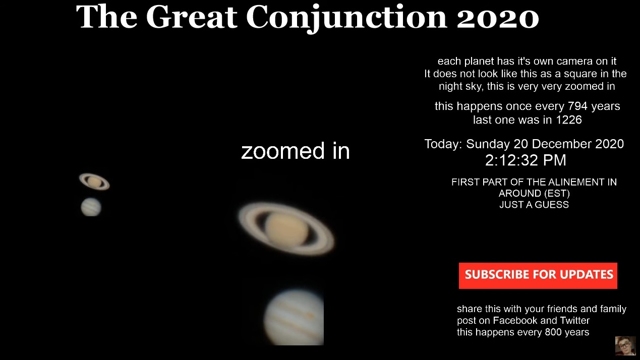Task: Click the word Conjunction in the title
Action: [x=346, y=18]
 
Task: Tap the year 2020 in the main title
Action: [x=498, y=17]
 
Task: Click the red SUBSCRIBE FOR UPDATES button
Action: [x=538, y=275]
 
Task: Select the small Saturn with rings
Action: [x=94, y=182]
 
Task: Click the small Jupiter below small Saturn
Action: [x=91, y=207]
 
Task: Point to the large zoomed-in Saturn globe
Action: [x=286, y=229]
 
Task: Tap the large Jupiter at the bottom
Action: [x=294, y=317]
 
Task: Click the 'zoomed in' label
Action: [x=296, y=151]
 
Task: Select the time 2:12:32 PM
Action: [x=526, y=160]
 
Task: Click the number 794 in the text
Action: [x=577, y=106]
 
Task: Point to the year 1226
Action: [x=569, y=119]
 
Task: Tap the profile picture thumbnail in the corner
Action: [x=625, y=346]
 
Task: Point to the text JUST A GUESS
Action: [x=534, y=205]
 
